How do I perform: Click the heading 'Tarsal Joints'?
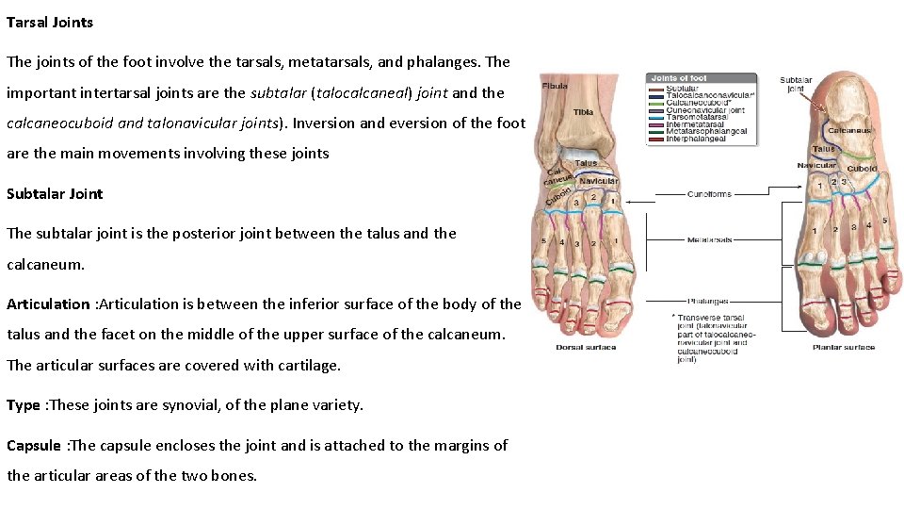click(x=50, y=22)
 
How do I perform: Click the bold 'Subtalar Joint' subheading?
click(x=55, y=193)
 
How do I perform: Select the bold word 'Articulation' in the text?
click(x=48, y=304)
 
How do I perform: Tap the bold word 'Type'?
click(x=24, y=405)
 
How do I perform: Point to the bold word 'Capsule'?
click(x=34, y=445)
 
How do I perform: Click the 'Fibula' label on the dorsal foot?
click(x=555, y=86)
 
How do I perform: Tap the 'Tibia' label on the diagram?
click(x=583, y=112)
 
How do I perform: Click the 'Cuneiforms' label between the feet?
click(x=709, y=194)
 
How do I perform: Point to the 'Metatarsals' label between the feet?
click(x=710, y=239)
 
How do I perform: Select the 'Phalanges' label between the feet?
click(x=708, y=302)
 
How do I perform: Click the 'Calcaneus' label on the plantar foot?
click(x=849, y=131)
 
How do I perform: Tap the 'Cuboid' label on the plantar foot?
click(x=862, y=169)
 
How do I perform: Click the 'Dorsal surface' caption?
click(x=586, y=347)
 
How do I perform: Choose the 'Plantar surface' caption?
click(x=844, y=347)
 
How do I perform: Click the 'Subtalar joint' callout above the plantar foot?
click(x=796, y=85)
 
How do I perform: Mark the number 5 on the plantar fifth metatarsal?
click(x=883, y=221)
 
